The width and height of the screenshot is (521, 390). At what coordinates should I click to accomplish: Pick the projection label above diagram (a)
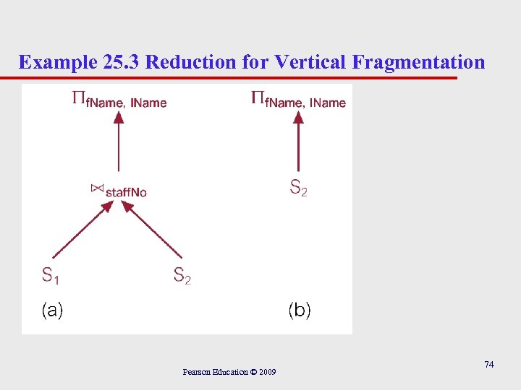click(119, 101)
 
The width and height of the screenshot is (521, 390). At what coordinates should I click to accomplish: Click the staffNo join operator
click(119, 191)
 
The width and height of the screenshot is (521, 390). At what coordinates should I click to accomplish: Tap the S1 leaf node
click(50, 275)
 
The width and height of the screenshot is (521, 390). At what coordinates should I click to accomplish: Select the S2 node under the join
click(182, 275)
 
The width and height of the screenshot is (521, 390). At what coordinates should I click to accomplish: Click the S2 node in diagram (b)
click(299, 188)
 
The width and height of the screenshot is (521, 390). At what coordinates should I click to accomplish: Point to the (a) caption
click(52, 311)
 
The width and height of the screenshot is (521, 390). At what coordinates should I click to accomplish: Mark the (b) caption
click(300, 311)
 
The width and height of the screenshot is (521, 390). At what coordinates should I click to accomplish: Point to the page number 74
click(489, 365)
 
